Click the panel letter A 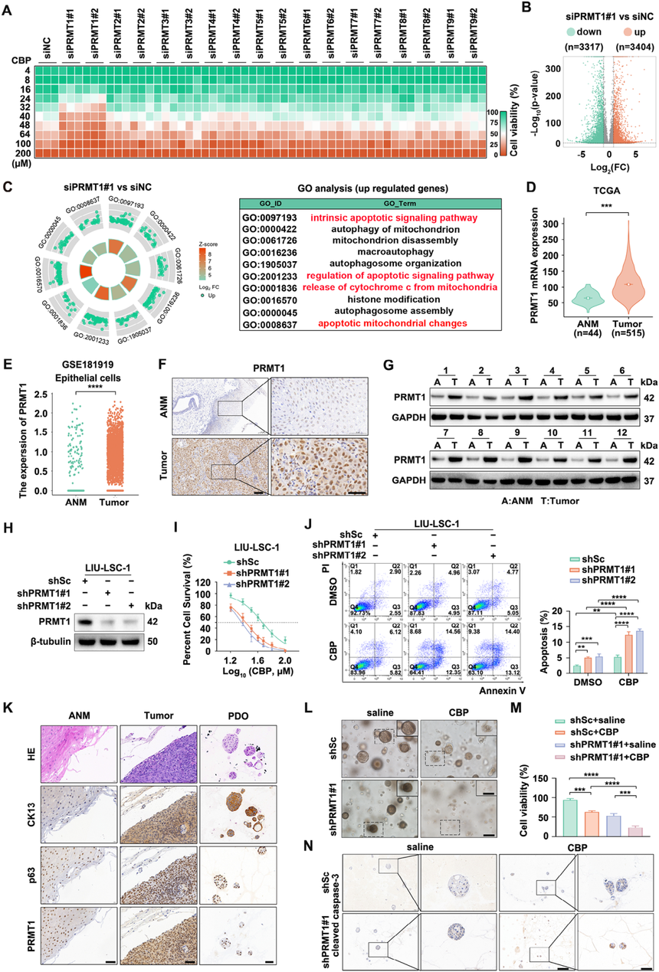click(x=9, y=9)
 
